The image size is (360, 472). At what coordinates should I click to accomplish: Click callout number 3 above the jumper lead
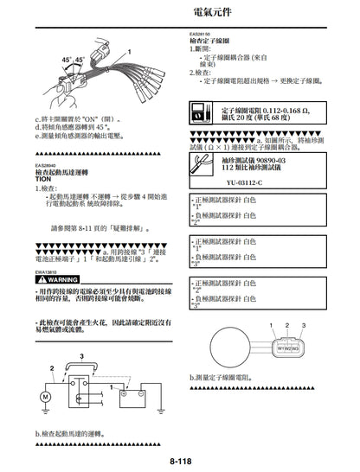81,355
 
